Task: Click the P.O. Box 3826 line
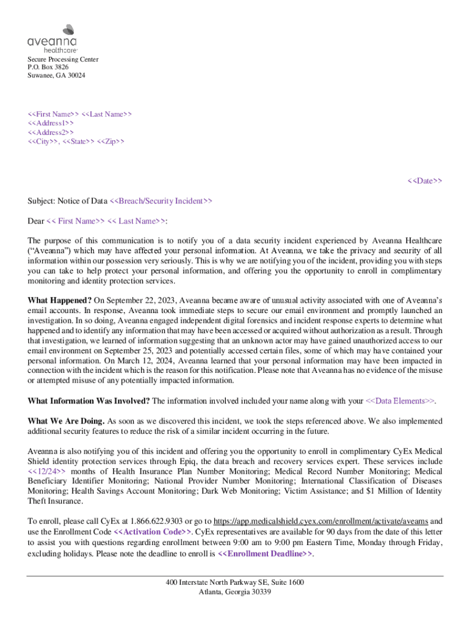coord(48,67)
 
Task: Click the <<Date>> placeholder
coord(425,181)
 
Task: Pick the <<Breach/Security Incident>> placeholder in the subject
coord(161,201)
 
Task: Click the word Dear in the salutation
coord(36,221)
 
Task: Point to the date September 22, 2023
coord(140,300)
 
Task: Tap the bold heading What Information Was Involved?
coord(89,401)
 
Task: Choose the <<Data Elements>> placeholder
coord(400,401)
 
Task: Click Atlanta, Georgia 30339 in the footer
coord(235,592)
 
